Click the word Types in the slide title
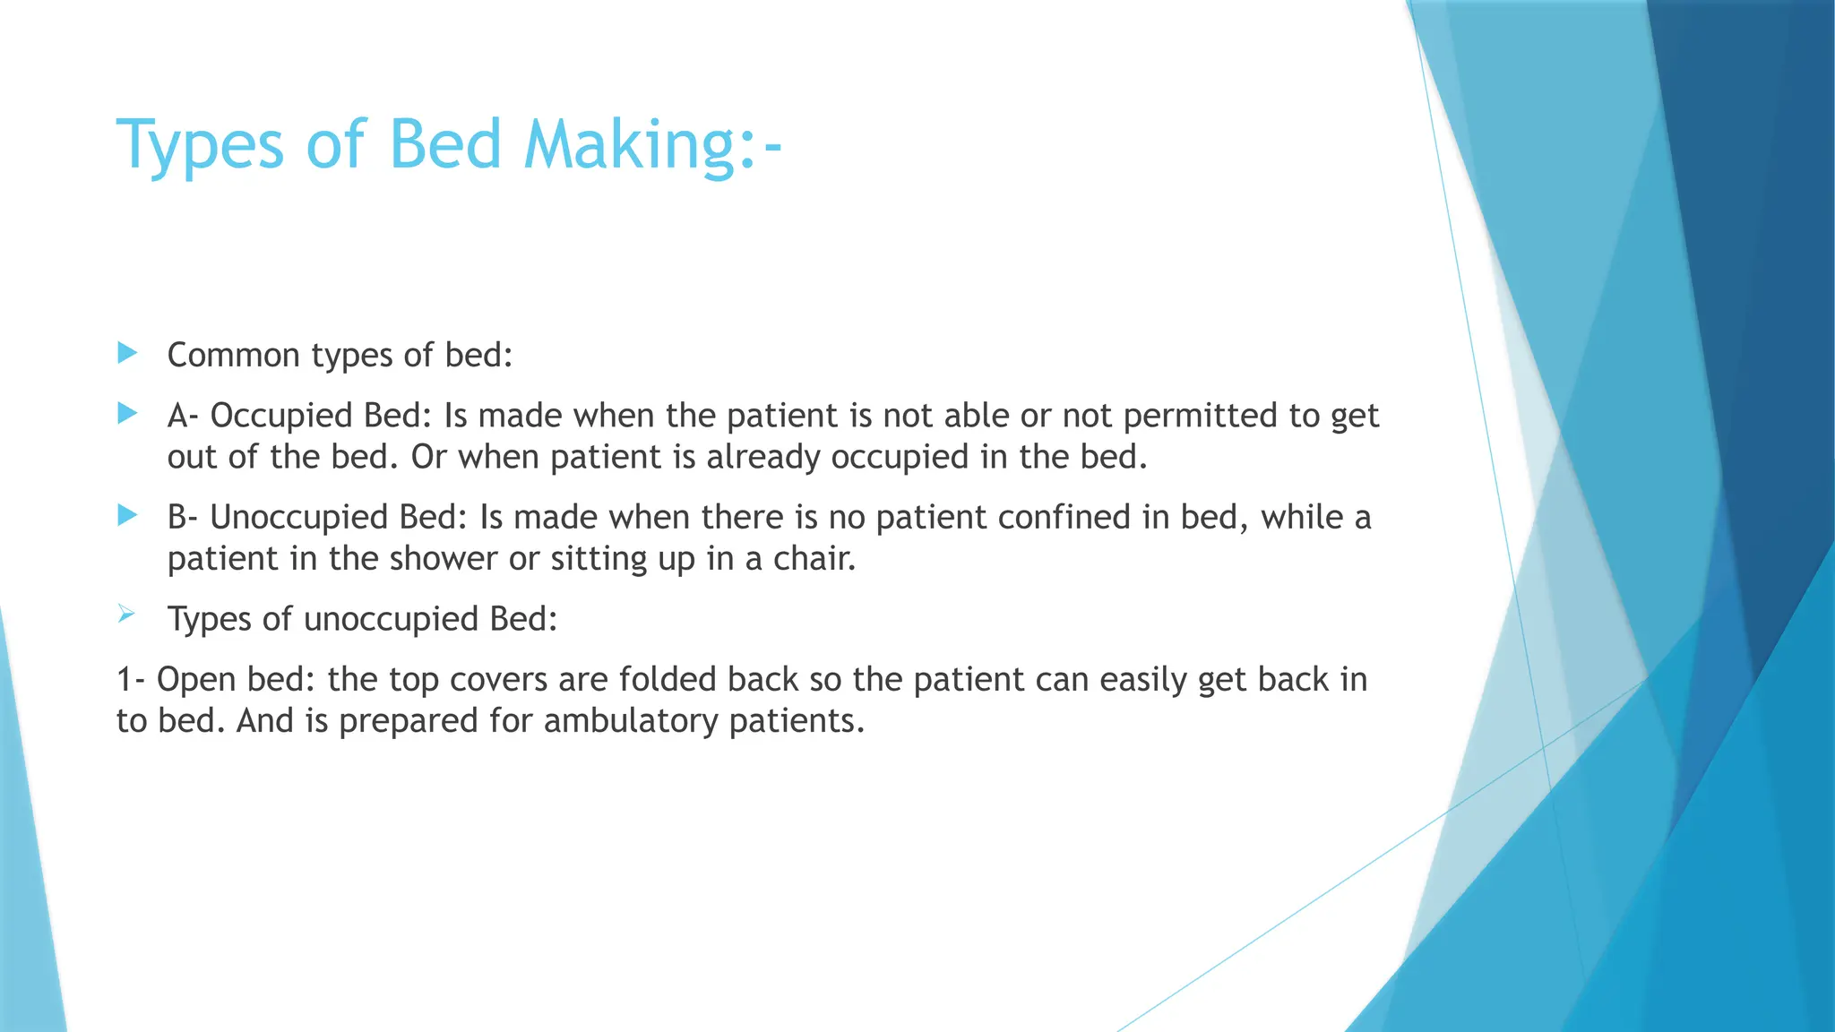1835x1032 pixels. tap(200, 145)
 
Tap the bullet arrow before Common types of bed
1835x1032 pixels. tap(127, 353)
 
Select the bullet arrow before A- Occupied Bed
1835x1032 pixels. tap(127, 413)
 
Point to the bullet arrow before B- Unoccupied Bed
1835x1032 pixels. tap(127, 515)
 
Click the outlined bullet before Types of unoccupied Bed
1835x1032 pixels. tap(125, 614)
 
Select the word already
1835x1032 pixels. tap(762, 457)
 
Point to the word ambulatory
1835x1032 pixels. tap(631, 721)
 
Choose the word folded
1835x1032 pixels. tap(667, 680)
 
